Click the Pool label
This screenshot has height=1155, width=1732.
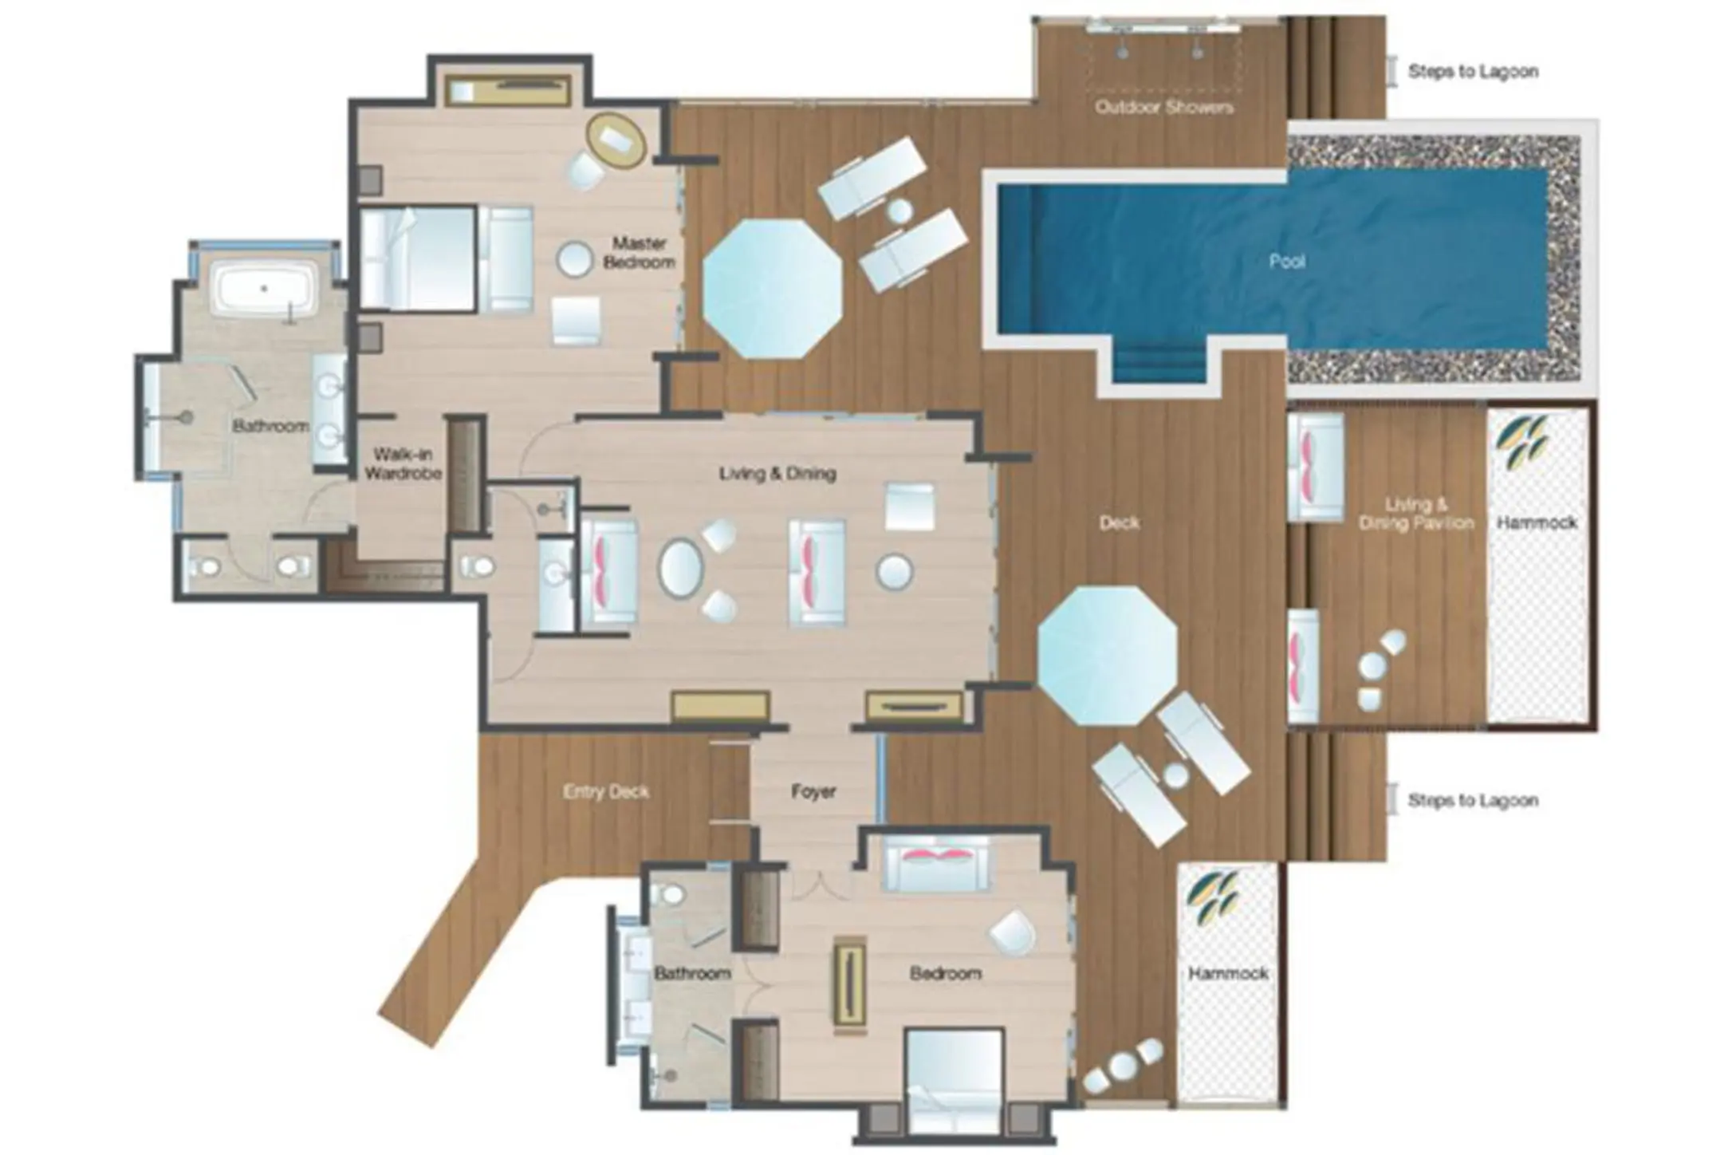click(x=1286, y=261)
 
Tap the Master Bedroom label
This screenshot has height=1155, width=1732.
click(x=639, y=252)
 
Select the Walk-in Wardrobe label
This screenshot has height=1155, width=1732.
click(x=403, y=463)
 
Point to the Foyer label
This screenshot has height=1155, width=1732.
click(x=813, y=791)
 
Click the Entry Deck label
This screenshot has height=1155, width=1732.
click(x=606, y=792)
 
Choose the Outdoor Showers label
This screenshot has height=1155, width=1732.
click(x=1163, y=107)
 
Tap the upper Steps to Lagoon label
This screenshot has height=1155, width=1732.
click(x=1472, y=71)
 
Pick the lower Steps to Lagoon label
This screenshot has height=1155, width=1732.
click(x=1472, y=800)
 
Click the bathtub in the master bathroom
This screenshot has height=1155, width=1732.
click(x=264, y=291)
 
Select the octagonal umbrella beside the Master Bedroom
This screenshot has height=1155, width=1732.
click(x=771, y=289)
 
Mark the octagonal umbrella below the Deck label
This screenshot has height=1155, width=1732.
click(x=1107, y=656)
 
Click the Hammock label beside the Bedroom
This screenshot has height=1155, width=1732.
click(x=1228, y=973)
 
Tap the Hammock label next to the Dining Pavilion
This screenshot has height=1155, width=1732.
click(x=1537, y=522)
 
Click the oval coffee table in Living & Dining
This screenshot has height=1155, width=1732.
click(x=680, y=567)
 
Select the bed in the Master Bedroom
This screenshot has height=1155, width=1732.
click(x=419, y=258)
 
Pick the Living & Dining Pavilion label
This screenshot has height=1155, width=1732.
click(x=1415, y=514)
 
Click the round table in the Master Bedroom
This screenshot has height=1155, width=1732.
click(x=574, y=260)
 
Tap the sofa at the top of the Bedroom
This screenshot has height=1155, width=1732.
click(x=936, y=865)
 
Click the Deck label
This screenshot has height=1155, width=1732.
click(x=1119, y=522)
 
